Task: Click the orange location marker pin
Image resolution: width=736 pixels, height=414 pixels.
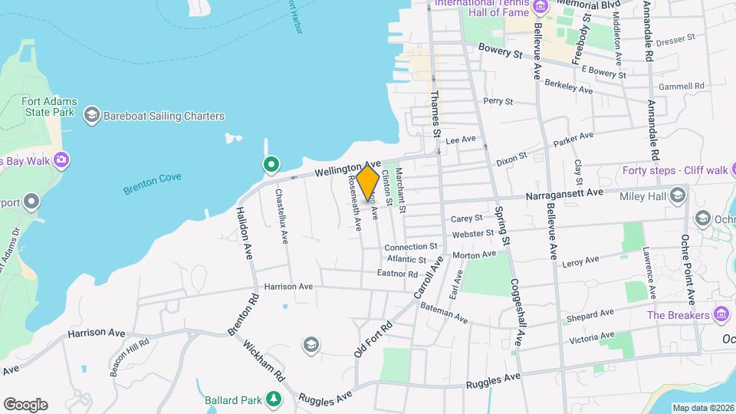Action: coord(368,182)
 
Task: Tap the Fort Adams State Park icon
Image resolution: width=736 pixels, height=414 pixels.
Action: coord(91,116)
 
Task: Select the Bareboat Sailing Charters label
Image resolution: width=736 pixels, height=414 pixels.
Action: coord(166,117)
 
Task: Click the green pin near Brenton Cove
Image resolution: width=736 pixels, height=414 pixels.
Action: coord(271,164)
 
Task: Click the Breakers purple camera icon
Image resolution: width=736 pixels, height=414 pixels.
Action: coord(721,314)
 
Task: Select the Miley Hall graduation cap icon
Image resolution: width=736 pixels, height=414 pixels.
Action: coord(678,195)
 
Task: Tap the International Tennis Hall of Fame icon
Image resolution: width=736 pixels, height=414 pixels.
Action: coord(540,6)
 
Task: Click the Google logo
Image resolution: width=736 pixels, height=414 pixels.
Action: coord(25,404)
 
